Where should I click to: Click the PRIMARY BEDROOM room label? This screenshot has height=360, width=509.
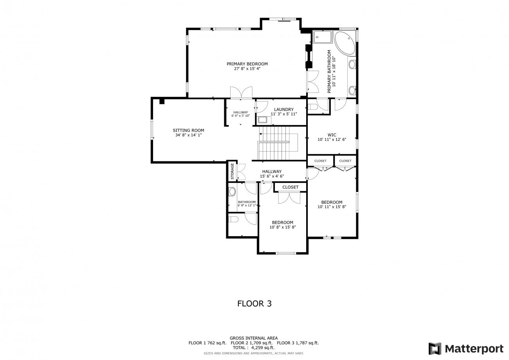click(247, 64)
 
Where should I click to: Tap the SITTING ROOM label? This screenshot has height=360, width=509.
click(188, 130)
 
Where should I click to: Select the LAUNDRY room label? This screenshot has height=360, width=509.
click(283, 109)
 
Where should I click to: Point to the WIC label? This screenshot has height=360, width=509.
click(332, 135)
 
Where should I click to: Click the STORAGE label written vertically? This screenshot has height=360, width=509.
click(232, 171)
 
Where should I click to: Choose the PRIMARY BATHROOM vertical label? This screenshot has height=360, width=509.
click(329, 71)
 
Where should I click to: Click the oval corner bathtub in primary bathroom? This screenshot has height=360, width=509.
click(345, 43)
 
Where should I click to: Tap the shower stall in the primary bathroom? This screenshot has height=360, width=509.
click(323, 36)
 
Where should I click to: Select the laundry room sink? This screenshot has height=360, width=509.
click(262, 120)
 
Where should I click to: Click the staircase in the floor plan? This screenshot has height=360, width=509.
click(278, 143)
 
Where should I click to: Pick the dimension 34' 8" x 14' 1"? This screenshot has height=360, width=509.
click(188, 135)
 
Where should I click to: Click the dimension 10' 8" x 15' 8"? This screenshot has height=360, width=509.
click(282, 227)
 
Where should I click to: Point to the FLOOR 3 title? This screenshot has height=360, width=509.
click(254, 304)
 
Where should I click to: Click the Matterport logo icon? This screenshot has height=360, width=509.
click(435, 349)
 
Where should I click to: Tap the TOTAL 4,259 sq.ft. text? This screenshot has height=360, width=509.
click(254, 348)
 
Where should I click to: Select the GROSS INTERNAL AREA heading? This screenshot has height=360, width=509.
click(254, 338)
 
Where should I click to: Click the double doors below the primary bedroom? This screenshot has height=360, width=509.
click(241, 92)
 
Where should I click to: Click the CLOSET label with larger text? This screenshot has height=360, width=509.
click(290, 187)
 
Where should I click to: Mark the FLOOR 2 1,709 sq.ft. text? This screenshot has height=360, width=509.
click(251, 343)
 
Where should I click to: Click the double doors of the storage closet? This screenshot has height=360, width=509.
click(241, 172)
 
